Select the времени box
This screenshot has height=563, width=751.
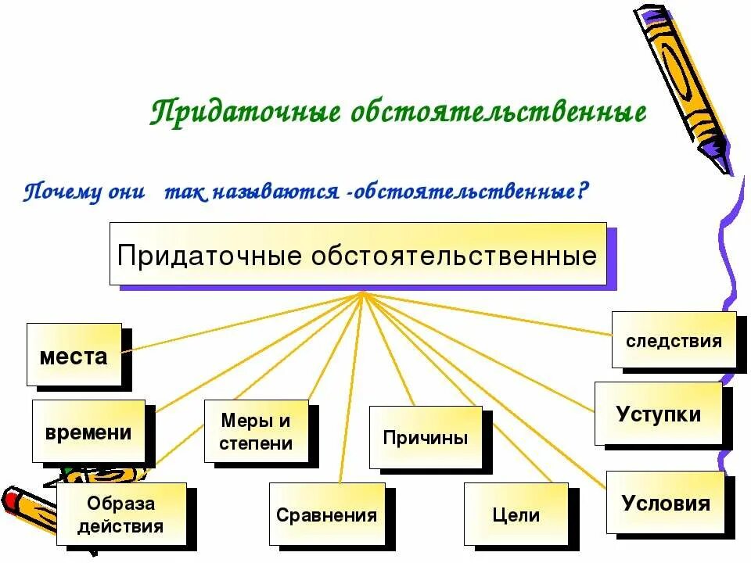click(x=88, y=431)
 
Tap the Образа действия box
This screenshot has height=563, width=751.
click(x=121, y=515)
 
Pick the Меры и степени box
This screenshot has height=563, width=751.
click(x=257, y=432)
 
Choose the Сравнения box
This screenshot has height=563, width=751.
click(x=327, y=515)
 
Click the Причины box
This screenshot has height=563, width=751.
click(x=426, y=437)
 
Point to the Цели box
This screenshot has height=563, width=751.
click(x=516, y=515)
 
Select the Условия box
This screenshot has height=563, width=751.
click(x=665, y=503)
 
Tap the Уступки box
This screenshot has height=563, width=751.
click(x=659, y=414)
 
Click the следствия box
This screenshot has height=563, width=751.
click(x=674, y=340)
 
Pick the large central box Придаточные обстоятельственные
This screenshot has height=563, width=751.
click(x=358, y=254)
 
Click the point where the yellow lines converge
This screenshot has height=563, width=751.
click(x=362, y=293)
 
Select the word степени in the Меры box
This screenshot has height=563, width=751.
click(x=257, y=443)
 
